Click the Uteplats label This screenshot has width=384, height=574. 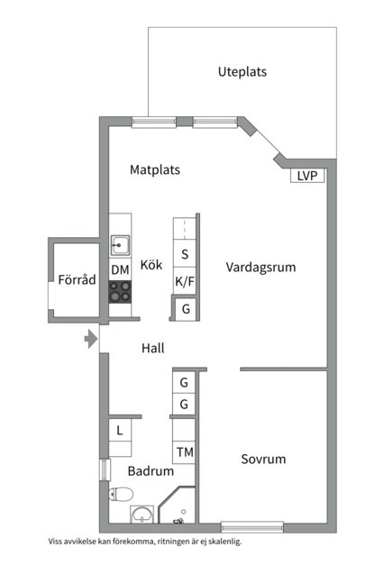point(242,71)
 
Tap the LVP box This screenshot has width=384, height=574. point(307,177)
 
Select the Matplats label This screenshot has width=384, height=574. point(155,169)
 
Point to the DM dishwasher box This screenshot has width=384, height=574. point(120,269)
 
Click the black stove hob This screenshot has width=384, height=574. point(120,291)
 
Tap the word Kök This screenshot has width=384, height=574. point(151,265)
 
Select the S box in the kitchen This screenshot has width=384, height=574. point(185,255)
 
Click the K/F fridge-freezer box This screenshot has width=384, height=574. point(185,282)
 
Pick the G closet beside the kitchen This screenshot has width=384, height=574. point(186,309)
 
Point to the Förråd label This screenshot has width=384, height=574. point(76,280)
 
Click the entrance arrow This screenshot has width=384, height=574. point(89,340)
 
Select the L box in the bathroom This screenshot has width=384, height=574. point(120,432)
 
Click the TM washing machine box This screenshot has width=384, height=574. point(185,451)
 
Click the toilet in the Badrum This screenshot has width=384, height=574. point(121,493)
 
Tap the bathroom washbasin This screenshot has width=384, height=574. point(142,515)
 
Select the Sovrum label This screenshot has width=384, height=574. point(263,459)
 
